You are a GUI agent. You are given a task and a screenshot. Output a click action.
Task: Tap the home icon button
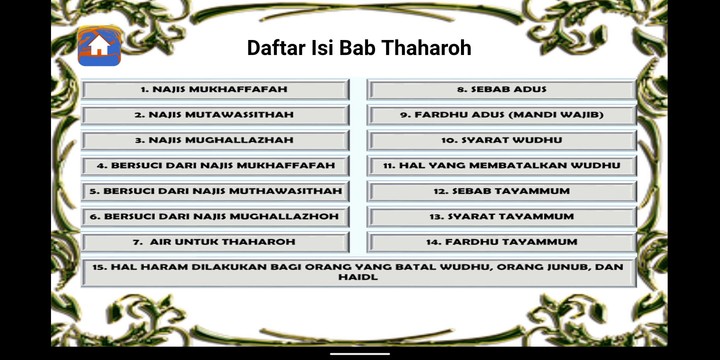(99, 46)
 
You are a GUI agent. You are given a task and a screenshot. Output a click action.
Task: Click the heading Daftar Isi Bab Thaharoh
(359, 48)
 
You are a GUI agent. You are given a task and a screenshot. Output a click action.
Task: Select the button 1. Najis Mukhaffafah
(215, 90)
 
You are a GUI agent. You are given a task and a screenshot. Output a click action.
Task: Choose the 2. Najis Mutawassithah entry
(215, 115)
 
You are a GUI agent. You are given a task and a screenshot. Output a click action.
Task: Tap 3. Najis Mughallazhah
(215, 140)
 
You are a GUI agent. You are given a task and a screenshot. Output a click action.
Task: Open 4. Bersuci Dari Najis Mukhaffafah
(215, 166)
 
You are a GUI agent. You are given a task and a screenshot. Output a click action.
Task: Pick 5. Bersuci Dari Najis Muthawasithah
(215, 191)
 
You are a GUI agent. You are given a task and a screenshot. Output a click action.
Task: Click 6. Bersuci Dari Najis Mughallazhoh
(215, 216)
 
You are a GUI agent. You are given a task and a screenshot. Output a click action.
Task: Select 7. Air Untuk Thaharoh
(215, 242)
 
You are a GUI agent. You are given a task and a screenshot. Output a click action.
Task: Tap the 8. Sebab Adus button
(502, 90)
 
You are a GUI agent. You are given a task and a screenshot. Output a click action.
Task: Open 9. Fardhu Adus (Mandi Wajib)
(502, 115)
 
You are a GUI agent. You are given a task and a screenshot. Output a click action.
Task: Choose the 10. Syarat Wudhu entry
(502, 140)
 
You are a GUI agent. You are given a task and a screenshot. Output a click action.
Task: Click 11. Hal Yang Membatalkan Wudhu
(502, 166)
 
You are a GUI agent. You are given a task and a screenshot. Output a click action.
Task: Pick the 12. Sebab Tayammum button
(502, 191)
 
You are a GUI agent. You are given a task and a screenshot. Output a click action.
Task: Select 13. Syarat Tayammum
(502, 216)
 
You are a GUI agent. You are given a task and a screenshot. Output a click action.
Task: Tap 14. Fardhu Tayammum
(502, 242)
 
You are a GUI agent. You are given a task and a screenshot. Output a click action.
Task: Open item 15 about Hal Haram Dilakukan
(358, 272)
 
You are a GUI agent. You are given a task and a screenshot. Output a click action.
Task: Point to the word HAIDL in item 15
(358, 278)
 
